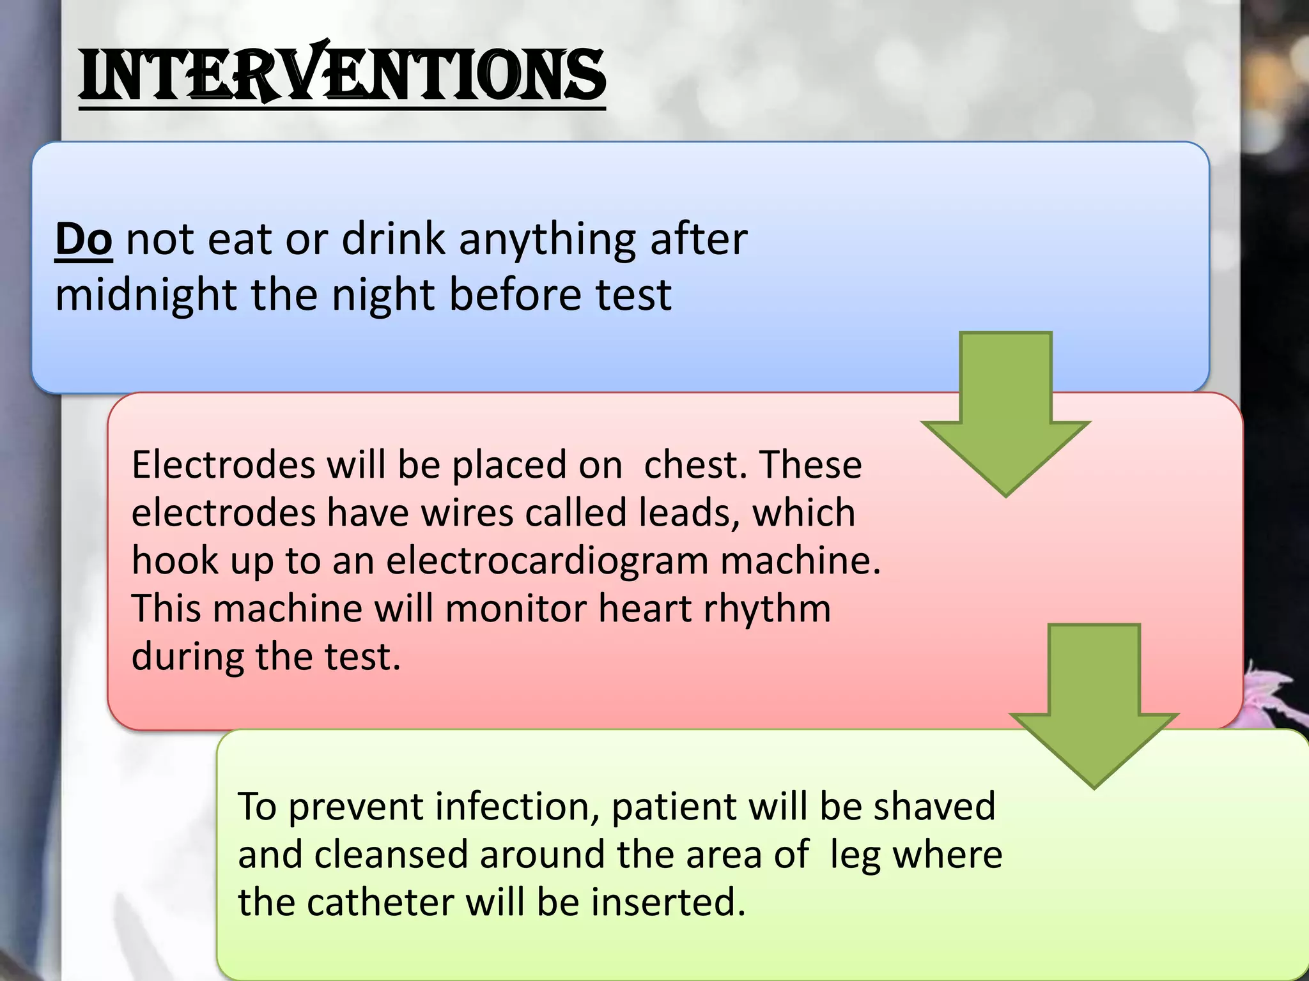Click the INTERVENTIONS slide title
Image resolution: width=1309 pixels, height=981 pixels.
(342, 75)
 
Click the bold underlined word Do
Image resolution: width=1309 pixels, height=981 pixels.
(84, 240)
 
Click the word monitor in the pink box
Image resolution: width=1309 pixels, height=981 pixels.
(515, 609)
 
